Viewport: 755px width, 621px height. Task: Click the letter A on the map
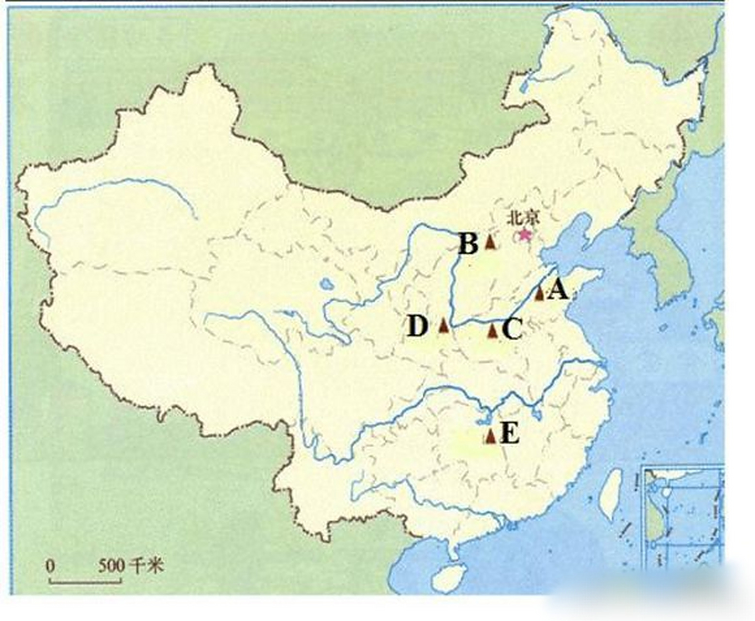558,291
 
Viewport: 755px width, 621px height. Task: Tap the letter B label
468,244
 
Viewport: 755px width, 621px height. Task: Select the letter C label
511,330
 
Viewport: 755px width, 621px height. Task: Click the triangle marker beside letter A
539,293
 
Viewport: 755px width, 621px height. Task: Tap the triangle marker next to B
490,242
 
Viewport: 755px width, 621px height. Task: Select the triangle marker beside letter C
492,331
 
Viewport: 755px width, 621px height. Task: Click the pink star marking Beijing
524,235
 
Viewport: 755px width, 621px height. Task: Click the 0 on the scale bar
50,566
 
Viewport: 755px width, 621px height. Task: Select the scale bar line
85,580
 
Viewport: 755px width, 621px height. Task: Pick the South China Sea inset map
682,517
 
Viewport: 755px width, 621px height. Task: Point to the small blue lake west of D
325,283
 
